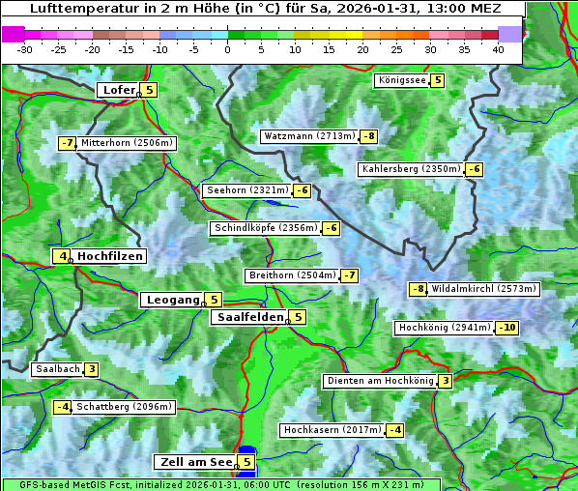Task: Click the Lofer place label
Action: (118, 90)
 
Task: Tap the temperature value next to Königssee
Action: (437, 80)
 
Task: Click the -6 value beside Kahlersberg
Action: (474, 169)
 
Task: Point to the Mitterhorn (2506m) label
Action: (128, 143)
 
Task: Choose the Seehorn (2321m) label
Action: (247, 190)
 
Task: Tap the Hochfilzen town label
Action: (110, 256)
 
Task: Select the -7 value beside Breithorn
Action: (349, 275)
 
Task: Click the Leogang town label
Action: (172, 300)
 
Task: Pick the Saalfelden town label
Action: (249, 317)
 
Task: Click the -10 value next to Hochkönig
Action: (506, 328)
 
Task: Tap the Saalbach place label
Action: (57, 369)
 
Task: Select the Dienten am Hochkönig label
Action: (380, 381)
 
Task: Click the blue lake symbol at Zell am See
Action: (246, 450)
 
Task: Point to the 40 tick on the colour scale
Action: (498, 48)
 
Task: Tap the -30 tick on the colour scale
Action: (26, 48)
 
